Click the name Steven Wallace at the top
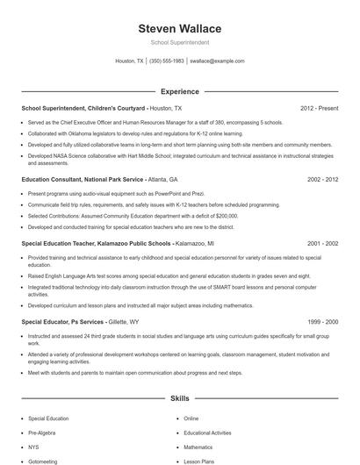(x=179, y=29)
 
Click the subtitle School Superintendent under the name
(x=179, y=42)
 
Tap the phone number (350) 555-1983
(x=167, y=61)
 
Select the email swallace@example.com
(x=217, y=61)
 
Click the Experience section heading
(x=179, y=90)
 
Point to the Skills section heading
(x=179, y=398)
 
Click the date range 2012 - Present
(x=319, y=108)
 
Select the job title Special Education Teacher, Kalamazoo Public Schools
(x=96, y=241)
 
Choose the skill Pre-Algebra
(x=40, y=433)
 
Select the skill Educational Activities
(x=207, y=433)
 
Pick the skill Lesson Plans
(x=198, y=461)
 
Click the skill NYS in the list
(x=33, y=447)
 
